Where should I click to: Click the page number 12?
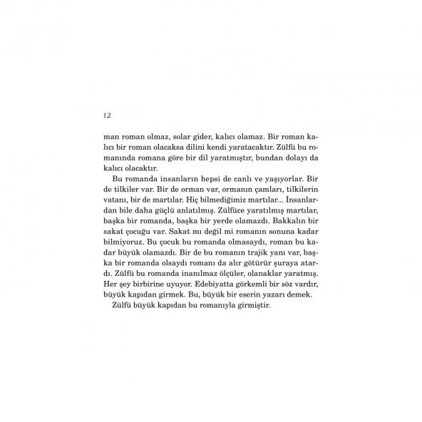pos(107,115)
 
